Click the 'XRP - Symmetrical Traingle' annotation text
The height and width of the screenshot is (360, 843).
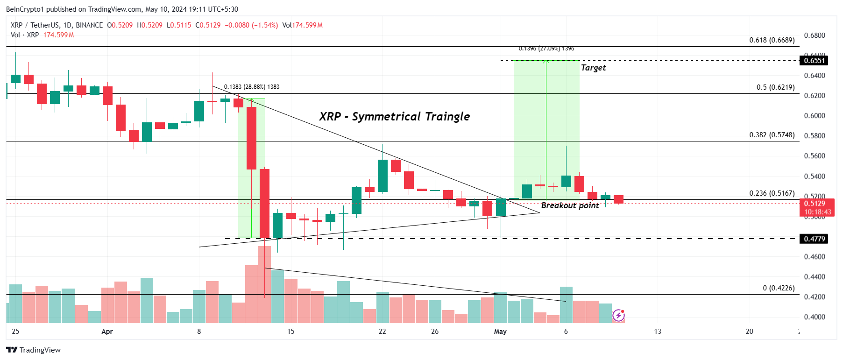(x=394, y=116)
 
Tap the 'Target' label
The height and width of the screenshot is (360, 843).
(x=593, y=68)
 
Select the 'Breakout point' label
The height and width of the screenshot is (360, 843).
(x=570, y=205)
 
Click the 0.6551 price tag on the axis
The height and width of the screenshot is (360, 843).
(x=814, y=61)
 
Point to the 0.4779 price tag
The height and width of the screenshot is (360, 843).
(x=814, y=239)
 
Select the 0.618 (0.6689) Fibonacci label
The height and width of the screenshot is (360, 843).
(x=772, y=40)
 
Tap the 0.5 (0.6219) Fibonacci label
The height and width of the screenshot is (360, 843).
(x=775, y=87)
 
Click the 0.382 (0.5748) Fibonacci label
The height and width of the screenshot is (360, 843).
(x=772, y=135)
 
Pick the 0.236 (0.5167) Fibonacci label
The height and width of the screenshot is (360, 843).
(x=772, y=193)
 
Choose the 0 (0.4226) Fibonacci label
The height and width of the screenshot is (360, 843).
(x=779, y=288)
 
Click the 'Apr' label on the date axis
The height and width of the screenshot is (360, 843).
(x=107, y=332)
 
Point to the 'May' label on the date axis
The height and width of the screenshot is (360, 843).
(x=500, y=332)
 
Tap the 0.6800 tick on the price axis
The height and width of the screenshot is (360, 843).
(x=814, y=35)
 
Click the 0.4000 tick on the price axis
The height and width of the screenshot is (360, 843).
(x=814, y=317)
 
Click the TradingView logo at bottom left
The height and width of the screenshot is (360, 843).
(x=34, y=350)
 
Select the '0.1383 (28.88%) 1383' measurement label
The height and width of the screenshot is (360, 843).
(x=252, y=87)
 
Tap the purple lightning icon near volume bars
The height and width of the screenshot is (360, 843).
(x=618, y=316)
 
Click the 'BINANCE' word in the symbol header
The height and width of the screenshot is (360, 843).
(x=89, y=25)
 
